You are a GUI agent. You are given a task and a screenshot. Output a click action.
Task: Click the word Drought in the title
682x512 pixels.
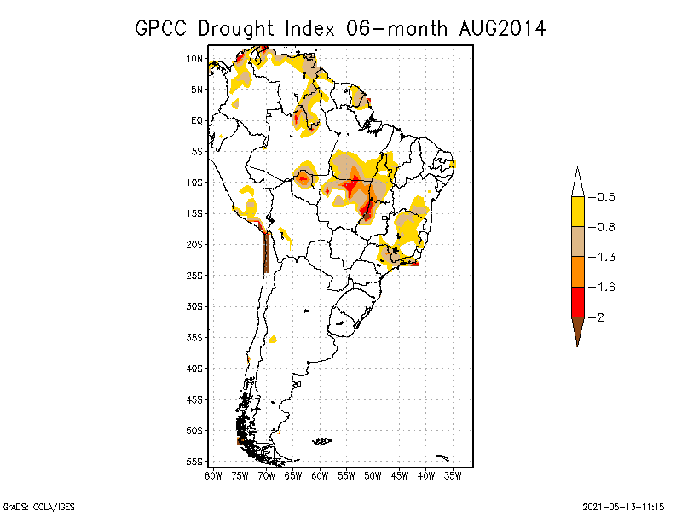click(x=236, y=29)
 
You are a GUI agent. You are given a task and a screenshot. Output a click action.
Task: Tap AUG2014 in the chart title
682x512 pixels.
click(x=502, y=29)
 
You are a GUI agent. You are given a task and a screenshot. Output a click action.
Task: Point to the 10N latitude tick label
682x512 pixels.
click(x=194, y=59)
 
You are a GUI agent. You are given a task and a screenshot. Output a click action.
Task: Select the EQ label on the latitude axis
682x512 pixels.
click(x=197, y=120)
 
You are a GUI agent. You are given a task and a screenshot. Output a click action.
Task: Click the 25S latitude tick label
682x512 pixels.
click(x=194, y=276)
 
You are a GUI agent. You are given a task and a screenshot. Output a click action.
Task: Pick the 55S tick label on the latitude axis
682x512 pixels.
click(x=194, y=462)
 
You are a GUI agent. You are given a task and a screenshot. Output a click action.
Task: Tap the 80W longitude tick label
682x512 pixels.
click(x=213, y=476)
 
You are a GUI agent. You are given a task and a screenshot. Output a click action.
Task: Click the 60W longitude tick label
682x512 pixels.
click(x=320, y=476)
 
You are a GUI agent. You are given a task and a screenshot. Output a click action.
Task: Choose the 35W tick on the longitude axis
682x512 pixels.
click(x=453, y=476)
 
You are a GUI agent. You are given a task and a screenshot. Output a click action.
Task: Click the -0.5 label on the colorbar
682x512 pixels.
click(x=602, y=197)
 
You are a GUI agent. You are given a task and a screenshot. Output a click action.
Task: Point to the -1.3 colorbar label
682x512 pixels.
click(x=602, y=258)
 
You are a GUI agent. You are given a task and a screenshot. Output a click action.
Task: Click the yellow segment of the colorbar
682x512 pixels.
click(x=578, y=212)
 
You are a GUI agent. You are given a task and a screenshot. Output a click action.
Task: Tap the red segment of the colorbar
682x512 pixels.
click(x=578, y=302)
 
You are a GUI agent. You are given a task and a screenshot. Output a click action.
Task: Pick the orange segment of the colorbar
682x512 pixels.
click(x=578, y=272)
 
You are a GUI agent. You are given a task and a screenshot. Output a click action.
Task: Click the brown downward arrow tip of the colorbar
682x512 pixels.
click(x=578, y=346)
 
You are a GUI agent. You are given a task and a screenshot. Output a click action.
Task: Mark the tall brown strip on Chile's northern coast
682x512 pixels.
click(x=267, y=253)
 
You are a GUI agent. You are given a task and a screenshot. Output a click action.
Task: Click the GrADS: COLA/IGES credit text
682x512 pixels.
click(x=38, y=507)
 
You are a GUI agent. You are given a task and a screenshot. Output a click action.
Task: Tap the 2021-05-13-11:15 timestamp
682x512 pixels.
click(x=623, y=507)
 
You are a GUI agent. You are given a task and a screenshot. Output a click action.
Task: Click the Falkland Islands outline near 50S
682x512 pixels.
click(x=322, y=441)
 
